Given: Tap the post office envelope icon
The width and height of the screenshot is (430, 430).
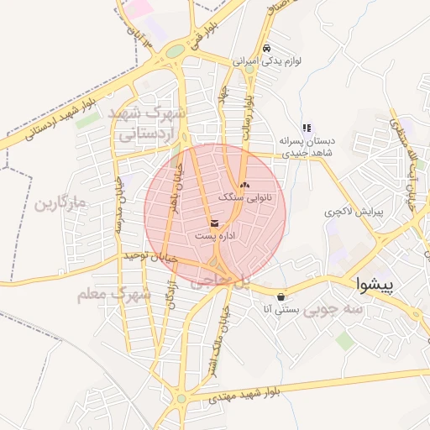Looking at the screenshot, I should pos(215,223).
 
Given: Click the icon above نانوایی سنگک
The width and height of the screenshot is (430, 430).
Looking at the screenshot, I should pos(244,185).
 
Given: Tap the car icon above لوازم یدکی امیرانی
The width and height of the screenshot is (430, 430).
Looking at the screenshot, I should pos(266,48).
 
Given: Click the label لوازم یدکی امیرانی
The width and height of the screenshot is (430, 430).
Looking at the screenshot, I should pos(265,61).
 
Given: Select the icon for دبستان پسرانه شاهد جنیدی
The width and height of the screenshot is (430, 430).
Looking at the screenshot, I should pos(307,128).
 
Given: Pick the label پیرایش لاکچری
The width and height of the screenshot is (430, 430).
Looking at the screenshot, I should pos(354,213).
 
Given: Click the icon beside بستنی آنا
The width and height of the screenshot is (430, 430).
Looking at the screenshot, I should pos(280,296).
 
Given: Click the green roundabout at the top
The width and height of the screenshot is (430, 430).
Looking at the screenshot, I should pos(174,52).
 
